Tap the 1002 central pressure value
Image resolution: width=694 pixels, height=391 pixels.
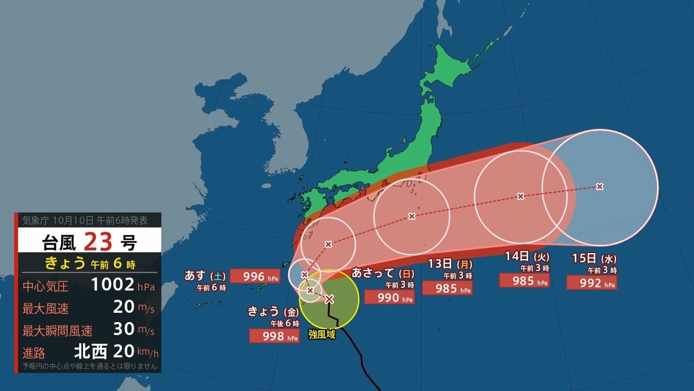click(113, 285)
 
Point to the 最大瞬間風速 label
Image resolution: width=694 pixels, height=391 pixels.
click(57, 331)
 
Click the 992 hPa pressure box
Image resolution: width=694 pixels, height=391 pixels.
click(591, 283)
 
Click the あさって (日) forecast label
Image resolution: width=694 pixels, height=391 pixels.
click(381, 273)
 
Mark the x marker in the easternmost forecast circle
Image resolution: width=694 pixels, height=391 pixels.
click(600, 187)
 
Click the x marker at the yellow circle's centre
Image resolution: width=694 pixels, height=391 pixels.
click(329, 299)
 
